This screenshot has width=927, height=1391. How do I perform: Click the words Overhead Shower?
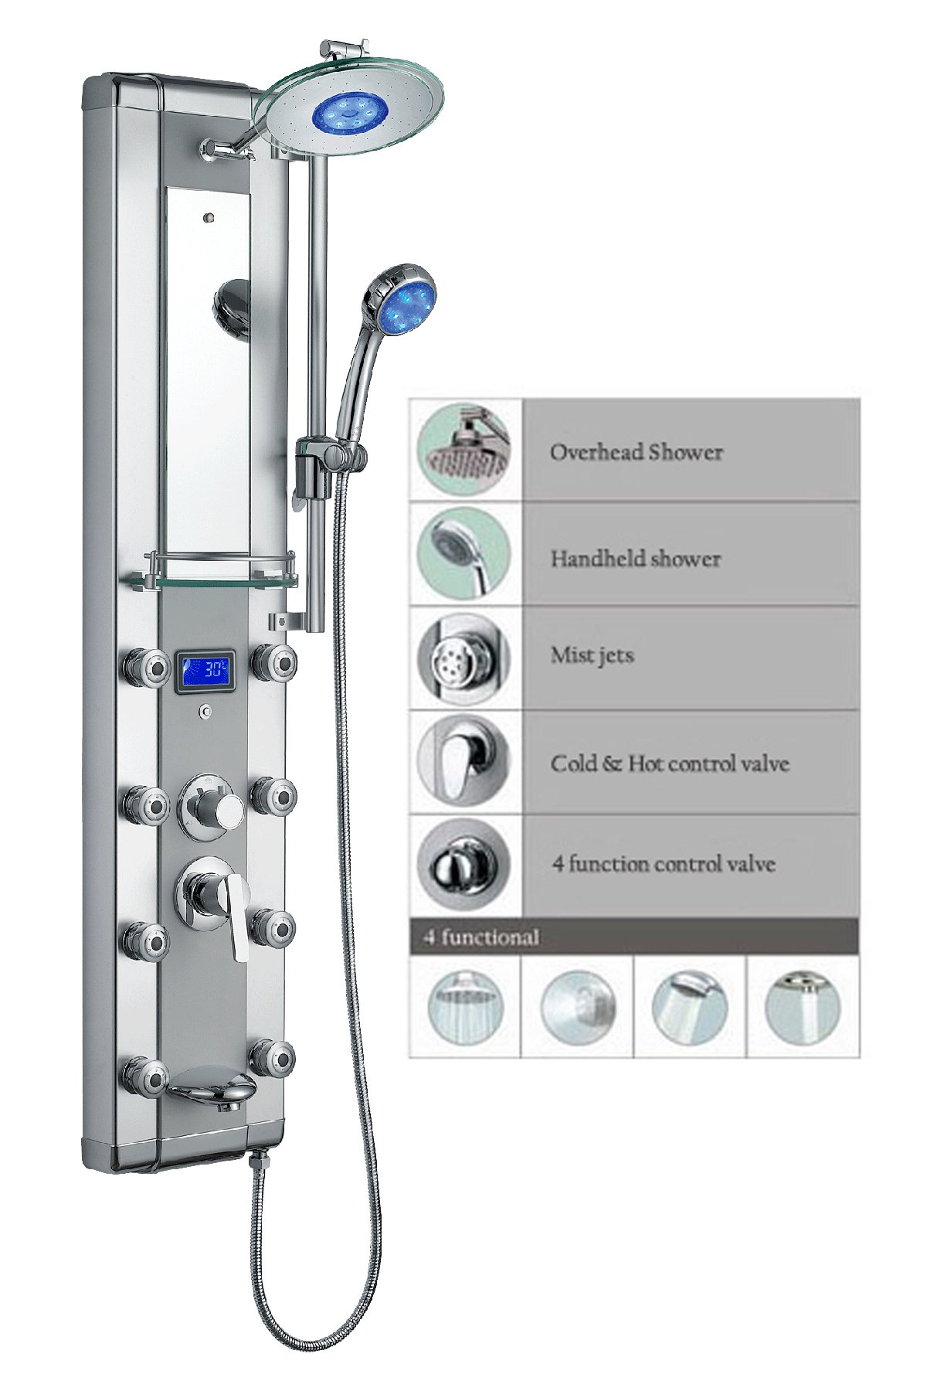click(x=636, y=452)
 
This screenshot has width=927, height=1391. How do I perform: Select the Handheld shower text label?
click(x=635, y=559)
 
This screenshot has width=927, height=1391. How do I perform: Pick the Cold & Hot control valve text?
click(x=669, y=764)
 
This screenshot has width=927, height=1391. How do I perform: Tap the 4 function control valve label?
click(x=663, y=864)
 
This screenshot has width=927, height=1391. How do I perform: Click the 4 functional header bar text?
click(x=480, y=937)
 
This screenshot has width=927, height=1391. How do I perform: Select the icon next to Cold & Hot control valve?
click(x=464, y=761)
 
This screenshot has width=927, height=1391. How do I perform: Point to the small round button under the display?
click(x=206, y=712)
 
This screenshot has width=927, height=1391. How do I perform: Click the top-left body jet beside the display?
click(x=145, y=665)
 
